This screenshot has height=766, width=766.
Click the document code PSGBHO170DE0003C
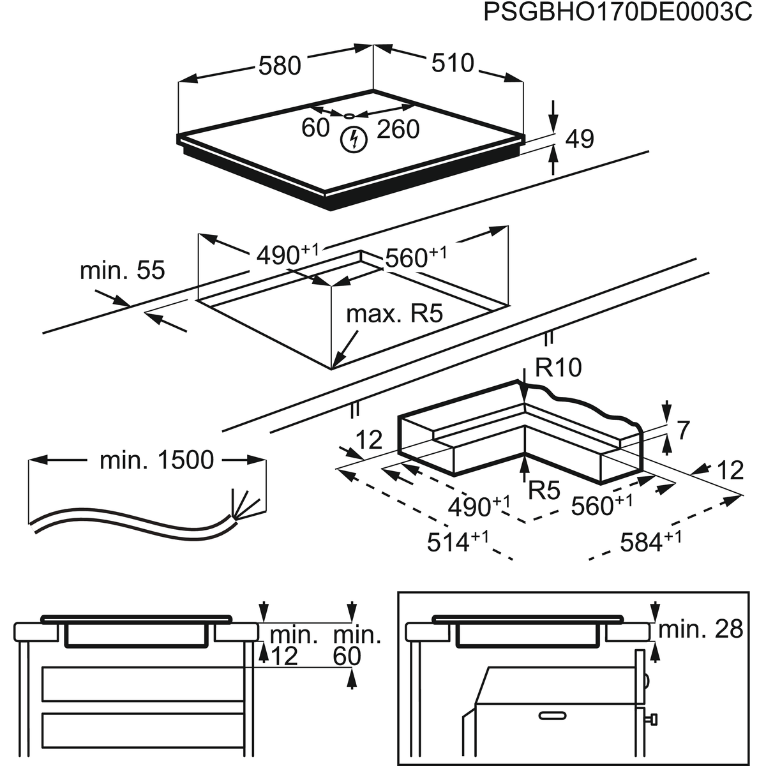(x=618, y=12)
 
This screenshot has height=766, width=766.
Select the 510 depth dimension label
(x=453, y=63)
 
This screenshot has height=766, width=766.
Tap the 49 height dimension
(x=580, y=139)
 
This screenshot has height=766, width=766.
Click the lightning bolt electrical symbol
(x=352, y=139)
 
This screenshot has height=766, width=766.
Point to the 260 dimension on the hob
(x=398, y=129)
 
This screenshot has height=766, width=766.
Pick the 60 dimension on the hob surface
(x=315, y=128)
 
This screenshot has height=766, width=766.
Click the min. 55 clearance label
(x=122, y=270)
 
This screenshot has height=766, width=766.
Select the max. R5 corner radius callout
(x=394, y=314)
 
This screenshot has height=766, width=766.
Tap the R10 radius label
(x=558, y=368)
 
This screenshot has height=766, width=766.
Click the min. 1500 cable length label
(x=156, y=460)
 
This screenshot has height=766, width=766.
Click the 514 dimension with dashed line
(x=458, y=542)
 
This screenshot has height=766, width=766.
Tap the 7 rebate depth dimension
(x=682, y=431)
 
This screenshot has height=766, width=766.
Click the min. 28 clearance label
(x=700, y=629)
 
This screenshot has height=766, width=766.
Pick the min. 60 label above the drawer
(x=357, y=645)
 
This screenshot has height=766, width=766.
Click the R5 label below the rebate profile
(x=544, y=490)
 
